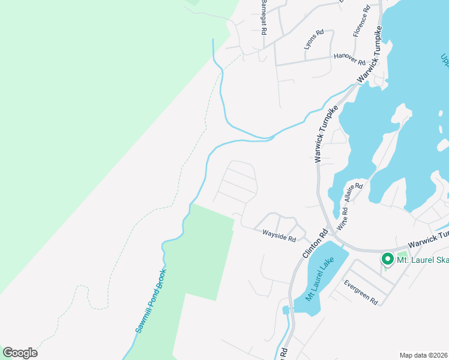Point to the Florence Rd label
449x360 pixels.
coord(361,21)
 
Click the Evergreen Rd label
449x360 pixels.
coord(360,292)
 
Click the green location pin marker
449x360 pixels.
coord(388,259)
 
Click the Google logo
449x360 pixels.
coord(20,352)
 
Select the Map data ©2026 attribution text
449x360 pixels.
coord(423,355)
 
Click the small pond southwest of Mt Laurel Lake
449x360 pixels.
coord(286,310)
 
